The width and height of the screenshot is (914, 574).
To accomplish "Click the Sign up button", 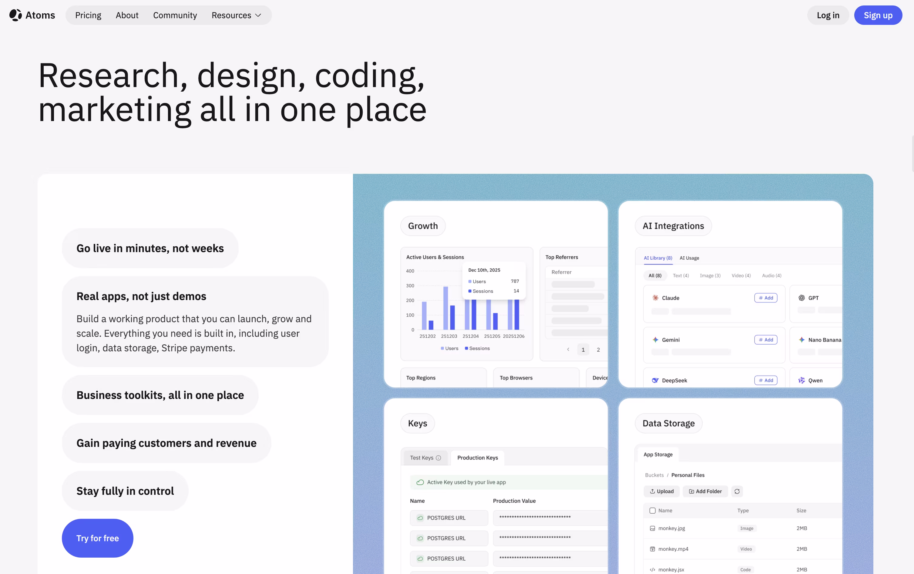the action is click(x=878, y=15).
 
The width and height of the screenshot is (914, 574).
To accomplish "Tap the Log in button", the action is click(x=828, y=15).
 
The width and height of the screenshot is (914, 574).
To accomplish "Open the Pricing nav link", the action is click(x=88, y=15).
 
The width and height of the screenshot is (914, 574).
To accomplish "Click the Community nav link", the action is click(x=175, y=15).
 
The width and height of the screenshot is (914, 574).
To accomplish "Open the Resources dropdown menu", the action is click(x=236, y=15).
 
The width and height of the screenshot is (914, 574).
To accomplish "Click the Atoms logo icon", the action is click(x=15, y=15).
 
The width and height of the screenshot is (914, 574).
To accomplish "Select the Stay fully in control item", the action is click(x=125, y=491).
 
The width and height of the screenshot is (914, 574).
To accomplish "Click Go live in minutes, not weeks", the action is click(x=150, y=248).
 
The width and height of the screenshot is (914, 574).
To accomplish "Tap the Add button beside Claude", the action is click(x=766, y=298).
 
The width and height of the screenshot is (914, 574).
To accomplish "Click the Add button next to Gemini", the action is click(x=766, y=340).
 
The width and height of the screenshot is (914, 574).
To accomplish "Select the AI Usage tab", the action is click(x=689, y=258).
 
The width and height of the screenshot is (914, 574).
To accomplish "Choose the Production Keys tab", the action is click(x=477, y=458).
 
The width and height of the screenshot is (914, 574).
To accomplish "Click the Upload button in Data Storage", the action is click(x=662, y=491).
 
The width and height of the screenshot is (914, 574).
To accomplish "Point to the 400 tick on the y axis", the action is click(x=410, y=271).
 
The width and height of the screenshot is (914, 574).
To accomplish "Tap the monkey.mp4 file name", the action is click(x=673, y=549).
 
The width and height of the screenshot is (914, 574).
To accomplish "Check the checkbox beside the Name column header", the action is click(x=652, y=511).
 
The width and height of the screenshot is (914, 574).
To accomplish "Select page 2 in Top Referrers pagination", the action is click(x=598, y=349).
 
